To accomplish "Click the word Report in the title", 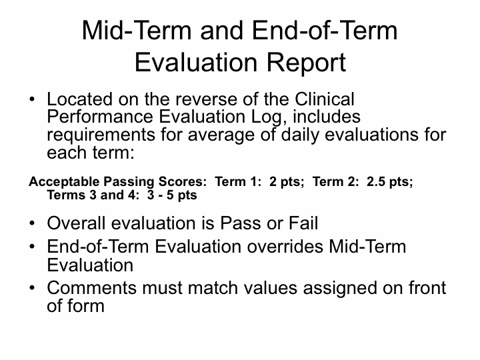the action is click(306, 63).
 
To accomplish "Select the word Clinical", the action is click(325, 99).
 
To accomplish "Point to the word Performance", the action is click(100, 117).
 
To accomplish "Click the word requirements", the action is click(101, 135).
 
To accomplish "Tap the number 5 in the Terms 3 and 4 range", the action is click(170, 195).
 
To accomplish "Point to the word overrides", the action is click(285, 247).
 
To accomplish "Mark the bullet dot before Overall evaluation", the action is click(32, 223).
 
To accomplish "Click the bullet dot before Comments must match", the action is click(32, 288).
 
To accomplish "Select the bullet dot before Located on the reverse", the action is click(32, 99).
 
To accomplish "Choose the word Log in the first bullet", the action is click(266, 117).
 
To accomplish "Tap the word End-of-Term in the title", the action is click(325, 31).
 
